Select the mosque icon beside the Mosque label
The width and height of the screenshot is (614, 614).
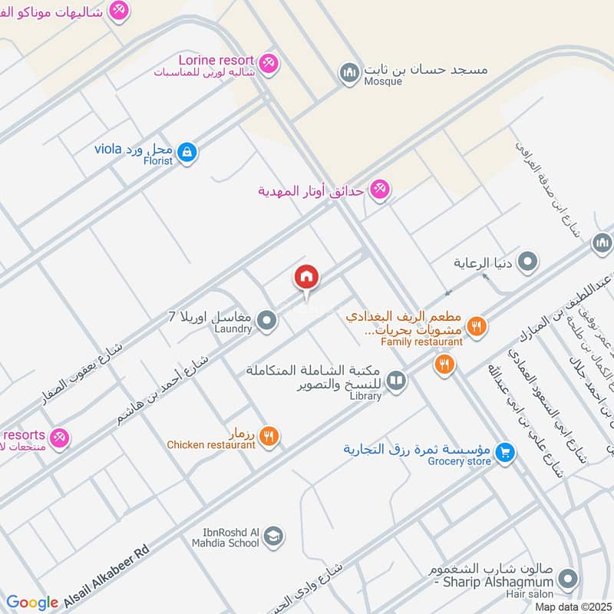pos(350,72)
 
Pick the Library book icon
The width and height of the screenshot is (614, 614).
pos(396,380)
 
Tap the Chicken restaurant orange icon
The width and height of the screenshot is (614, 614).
pos(269,437)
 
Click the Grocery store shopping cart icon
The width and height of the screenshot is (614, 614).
pos(504,453)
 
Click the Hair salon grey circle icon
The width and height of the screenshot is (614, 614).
pos(568,578)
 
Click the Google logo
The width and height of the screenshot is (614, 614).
pos(32,602)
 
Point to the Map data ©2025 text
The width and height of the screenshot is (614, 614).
pos(572,606)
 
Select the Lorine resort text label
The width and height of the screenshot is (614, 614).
pos(216,60)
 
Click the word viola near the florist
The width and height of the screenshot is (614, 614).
pos(108,148)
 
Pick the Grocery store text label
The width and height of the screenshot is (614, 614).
pos(459,461)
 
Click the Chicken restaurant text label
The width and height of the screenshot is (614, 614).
pos(211,444)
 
